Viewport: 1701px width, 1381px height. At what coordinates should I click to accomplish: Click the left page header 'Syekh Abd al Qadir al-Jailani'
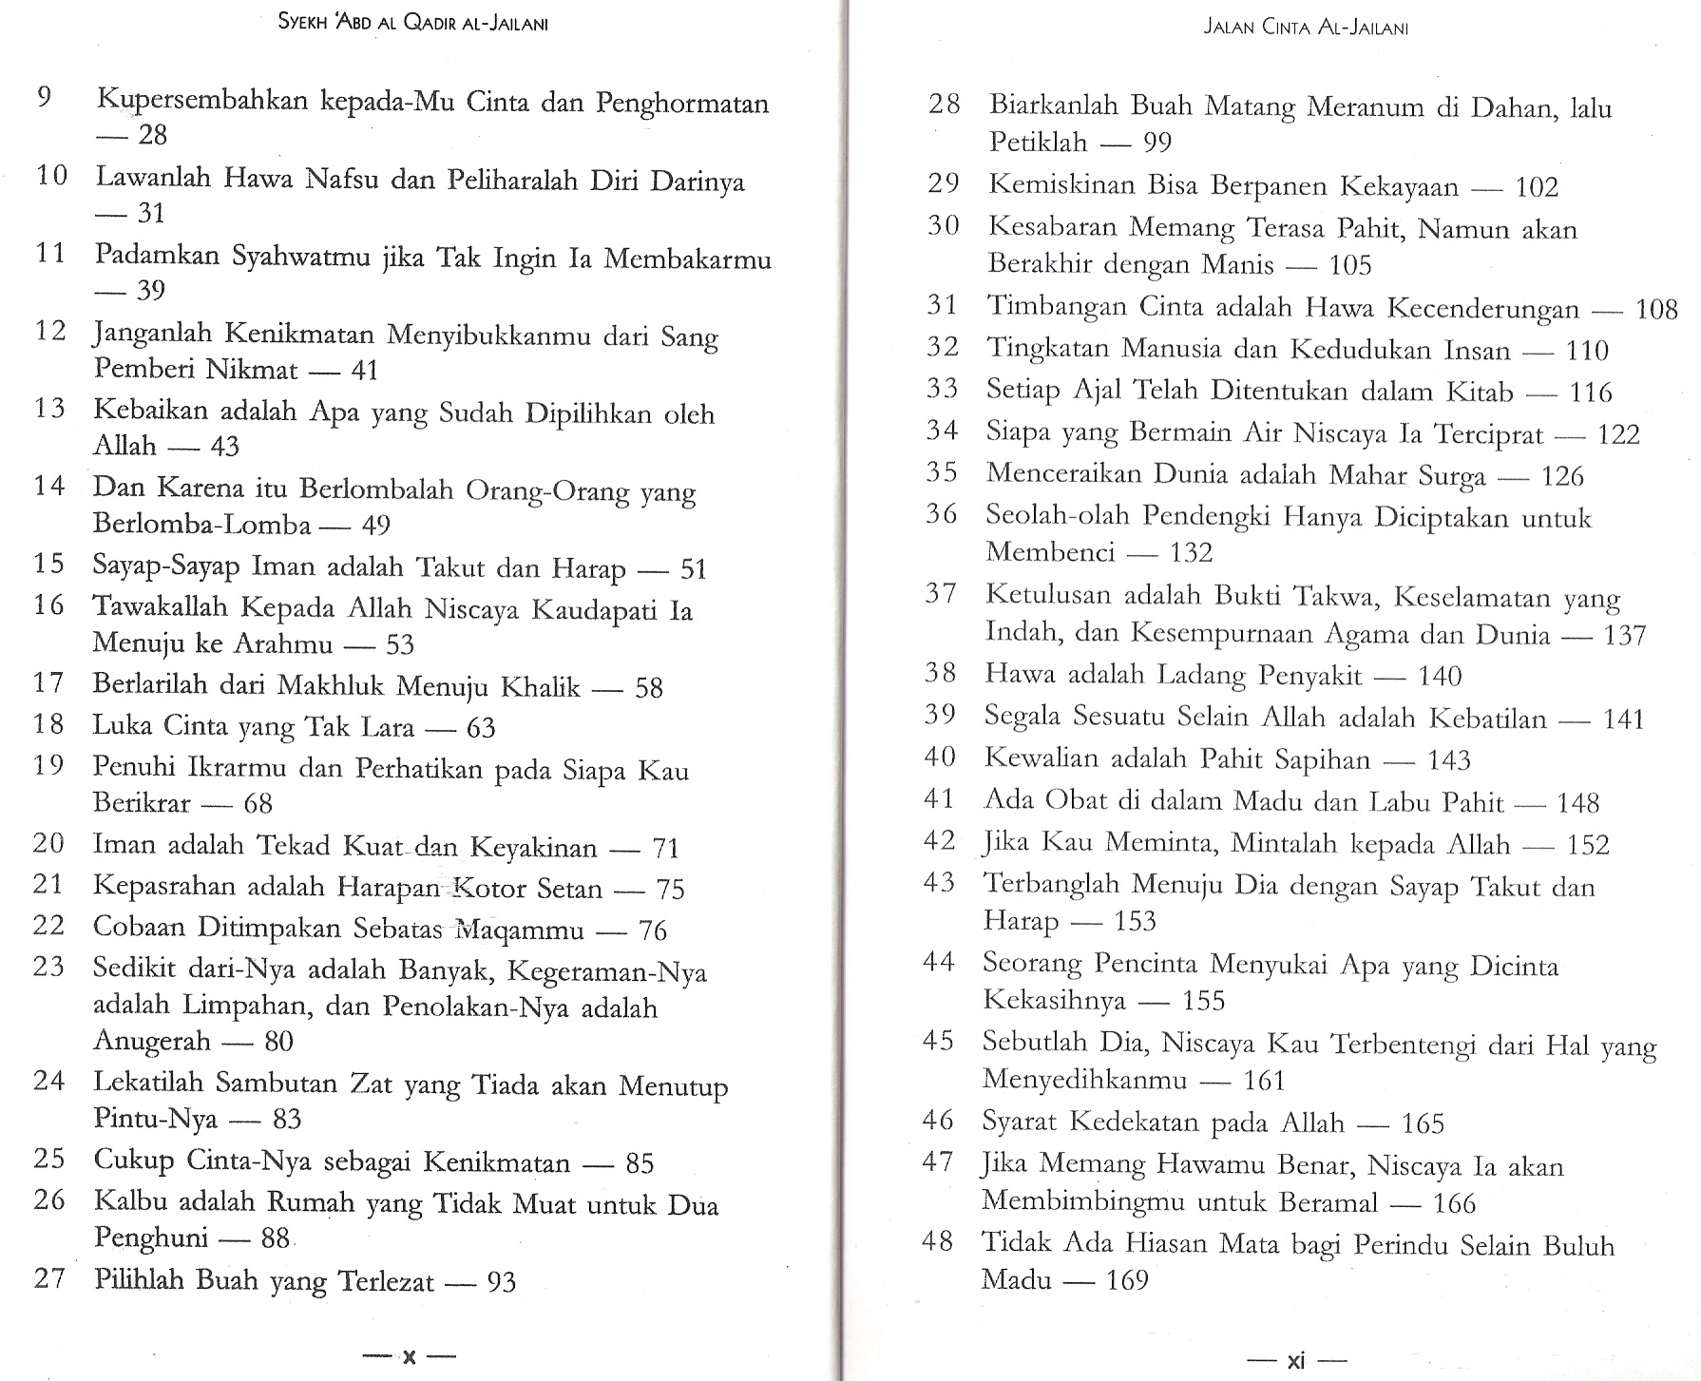point(413,23)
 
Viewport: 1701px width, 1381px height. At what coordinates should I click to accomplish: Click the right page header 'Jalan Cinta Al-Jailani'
point(1305,27)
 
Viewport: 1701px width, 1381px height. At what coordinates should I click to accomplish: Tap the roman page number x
point(410,1356)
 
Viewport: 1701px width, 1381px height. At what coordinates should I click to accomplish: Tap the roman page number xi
point(1295,1361)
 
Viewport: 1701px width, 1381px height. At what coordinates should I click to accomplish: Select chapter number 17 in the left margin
point(48,682)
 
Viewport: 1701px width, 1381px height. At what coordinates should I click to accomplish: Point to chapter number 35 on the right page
point(942,471)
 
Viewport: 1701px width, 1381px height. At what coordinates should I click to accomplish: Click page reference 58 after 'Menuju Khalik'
point(648,687)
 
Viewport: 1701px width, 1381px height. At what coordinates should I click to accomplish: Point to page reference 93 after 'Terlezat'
point(501,1282)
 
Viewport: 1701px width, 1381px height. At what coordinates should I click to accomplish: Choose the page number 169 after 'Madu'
point(1127,1280)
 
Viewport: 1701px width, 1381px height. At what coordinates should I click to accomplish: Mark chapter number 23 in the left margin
point(48,967)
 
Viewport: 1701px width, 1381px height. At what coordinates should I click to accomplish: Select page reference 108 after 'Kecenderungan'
point(1656,309)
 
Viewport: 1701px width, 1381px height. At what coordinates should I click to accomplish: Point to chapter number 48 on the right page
point(937,1241)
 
